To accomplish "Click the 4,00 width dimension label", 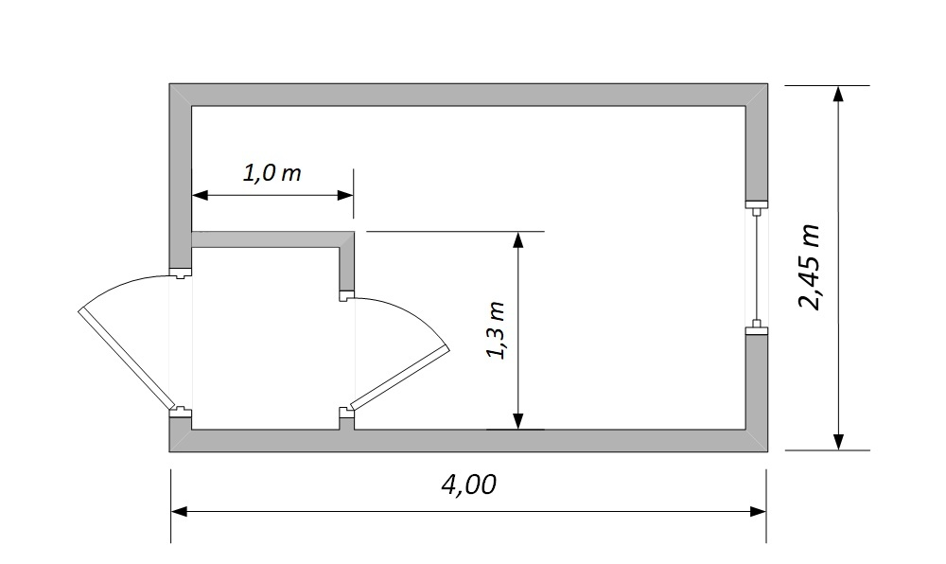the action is (469, 485).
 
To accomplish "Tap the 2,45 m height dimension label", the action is (809, 267).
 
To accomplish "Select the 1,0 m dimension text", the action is (272, 173).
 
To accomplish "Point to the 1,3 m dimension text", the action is (496, 330).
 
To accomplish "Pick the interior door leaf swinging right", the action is (399, 378).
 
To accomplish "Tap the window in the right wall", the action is (757, 267).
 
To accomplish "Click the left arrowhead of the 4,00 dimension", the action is (179, 512).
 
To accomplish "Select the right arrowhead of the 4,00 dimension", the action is (759, 512).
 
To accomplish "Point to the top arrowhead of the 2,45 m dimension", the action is (838, 94).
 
